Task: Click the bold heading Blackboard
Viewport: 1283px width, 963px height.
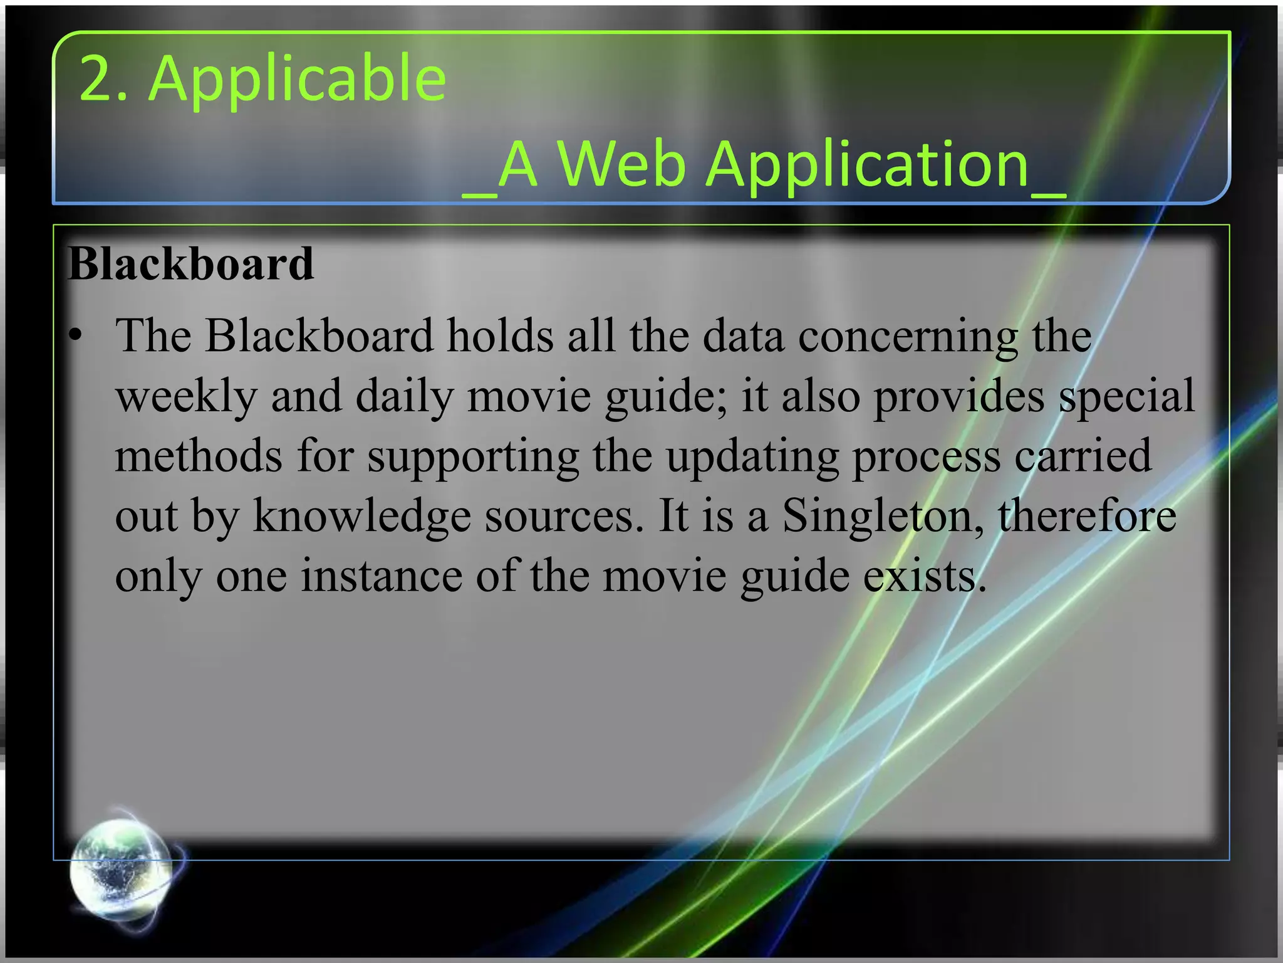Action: tap(190, 264)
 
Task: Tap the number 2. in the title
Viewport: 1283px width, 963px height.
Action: tap(103, 79)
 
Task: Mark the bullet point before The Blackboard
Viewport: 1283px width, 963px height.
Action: tap(76, 336)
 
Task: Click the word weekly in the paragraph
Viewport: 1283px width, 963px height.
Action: tap(186, 396)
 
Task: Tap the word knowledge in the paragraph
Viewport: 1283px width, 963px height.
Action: tap(361, 515)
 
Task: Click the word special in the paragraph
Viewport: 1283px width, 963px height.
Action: tap(1127, 396)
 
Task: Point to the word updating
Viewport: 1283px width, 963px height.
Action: tap(752, 456)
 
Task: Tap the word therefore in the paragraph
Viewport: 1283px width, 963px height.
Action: tap(1087, 515)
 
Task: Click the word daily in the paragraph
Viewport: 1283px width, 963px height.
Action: tap(404, 396)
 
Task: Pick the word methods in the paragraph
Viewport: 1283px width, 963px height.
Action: tap(199, 456)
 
